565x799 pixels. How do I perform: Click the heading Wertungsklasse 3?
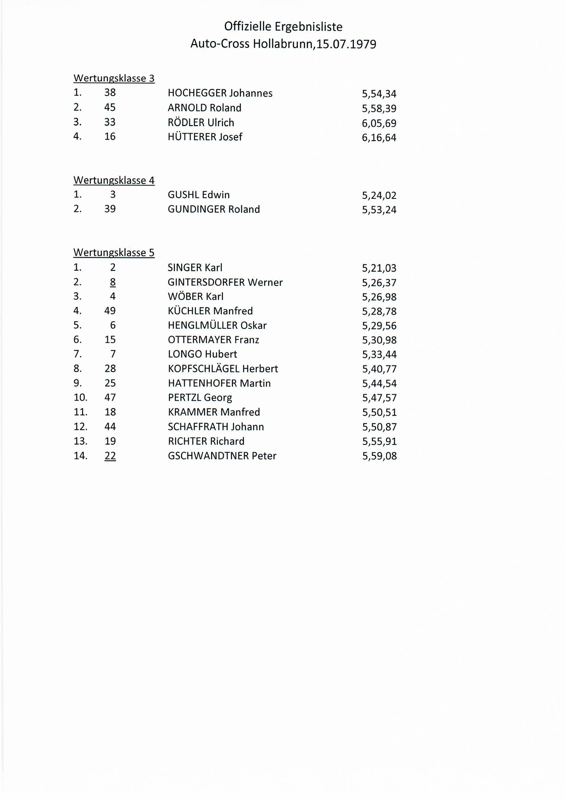[x=114, y=78]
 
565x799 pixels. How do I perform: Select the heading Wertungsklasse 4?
[x=114, y=180]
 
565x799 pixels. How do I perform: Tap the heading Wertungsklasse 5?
[x=114, y=252]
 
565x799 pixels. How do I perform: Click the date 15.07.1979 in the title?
[x=346, y=44]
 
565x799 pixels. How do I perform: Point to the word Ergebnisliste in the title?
[x=308, y=27]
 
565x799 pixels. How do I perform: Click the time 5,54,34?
[x=379, y=94]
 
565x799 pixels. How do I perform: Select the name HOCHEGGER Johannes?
[x=220, y=93]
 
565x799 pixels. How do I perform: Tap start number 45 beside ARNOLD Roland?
[x=110, y=108]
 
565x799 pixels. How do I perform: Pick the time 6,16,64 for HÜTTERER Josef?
[x=379, y=137]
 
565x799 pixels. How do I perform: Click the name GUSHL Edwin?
[x=199, y=194]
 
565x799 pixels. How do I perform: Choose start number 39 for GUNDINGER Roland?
[x=110, y=209]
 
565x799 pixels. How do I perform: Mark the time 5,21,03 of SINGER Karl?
[x=379, y=268]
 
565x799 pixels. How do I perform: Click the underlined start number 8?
[x=113, y=282]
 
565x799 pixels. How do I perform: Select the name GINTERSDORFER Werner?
[x=225, y=282]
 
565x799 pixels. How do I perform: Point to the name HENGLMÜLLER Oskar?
[x=217, y=325]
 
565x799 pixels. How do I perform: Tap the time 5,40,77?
[x=379, y=369]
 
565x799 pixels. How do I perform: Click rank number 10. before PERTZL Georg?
[x=80, y=397]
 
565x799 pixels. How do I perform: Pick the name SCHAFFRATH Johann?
[x=216, y=426]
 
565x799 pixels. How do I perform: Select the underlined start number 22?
[x=110, y=456]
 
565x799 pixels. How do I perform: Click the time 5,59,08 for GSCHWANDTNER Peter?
[x=379, y=456]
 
